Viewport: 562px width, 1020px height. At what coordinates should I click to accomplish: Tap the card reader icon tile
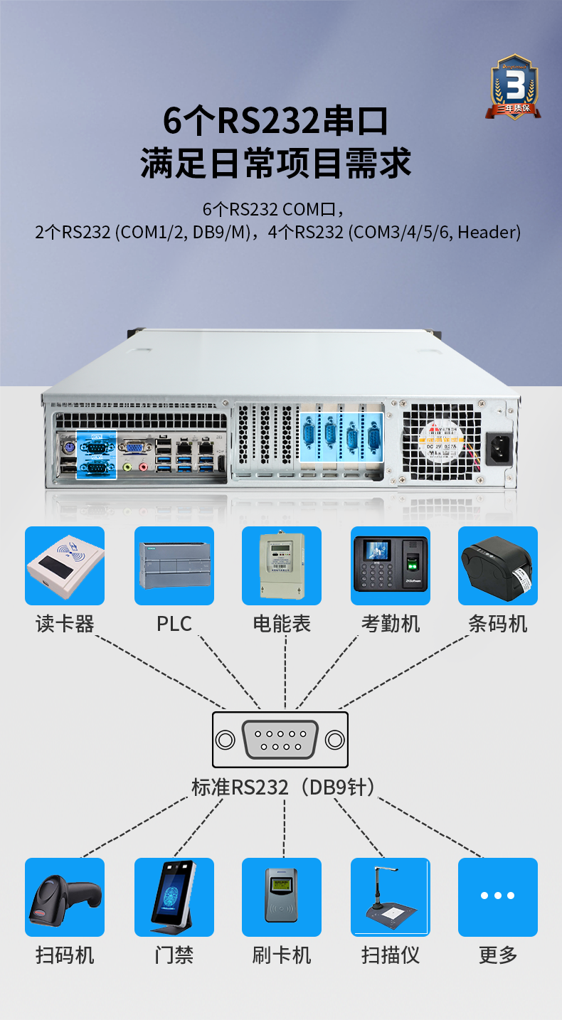tap(65, 566)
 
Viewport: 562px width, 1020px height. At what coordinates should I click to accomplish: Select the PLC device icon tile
tap(174, 566)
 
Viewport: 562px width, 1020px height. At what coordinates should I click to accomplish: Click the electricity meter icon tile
tap(282, 566)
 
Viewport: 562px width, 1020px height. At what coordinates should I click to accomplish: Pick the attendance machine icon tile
tap(391, 566)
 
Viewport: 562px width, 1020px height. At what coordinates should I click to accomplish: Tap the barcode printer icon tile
tap(498, 566)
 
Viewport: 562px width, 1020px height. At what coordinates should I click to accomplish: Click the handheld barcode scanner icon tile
tap(65, 897)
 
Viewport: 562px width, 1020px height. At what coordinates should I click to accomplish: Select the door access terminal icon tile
tap(174, 897)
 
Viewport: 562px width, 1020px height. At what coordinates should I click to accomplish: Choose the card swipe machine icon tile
tap(282, 897)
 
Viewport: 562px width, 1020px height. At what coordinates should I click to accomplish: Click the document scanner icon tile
tap(391, 897)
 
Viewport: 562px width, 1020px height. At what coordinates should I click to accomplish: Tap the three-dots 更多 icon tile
tap(498, 897)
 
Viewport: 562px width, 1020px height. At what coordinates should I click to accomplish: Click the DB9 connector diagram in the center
tap(280, 740)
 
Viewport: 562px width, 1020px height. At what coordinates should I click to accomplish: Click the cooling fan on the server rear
tap(441, 440)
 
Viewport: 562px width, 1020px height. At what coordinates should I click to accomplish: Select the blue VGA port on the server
tap(133, 447)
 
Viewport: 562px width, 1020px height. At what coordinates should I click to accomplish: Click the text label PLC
tap(174, 624)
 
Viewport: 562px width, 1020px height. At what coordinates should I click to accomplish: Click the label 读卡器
tap(65, 624)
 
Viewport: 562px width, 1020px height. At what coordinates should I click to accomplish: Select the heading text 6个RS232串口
tap(276, 121)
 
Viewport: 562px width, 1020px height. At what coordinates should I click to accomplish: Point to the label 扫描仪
tap(391, 955)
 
